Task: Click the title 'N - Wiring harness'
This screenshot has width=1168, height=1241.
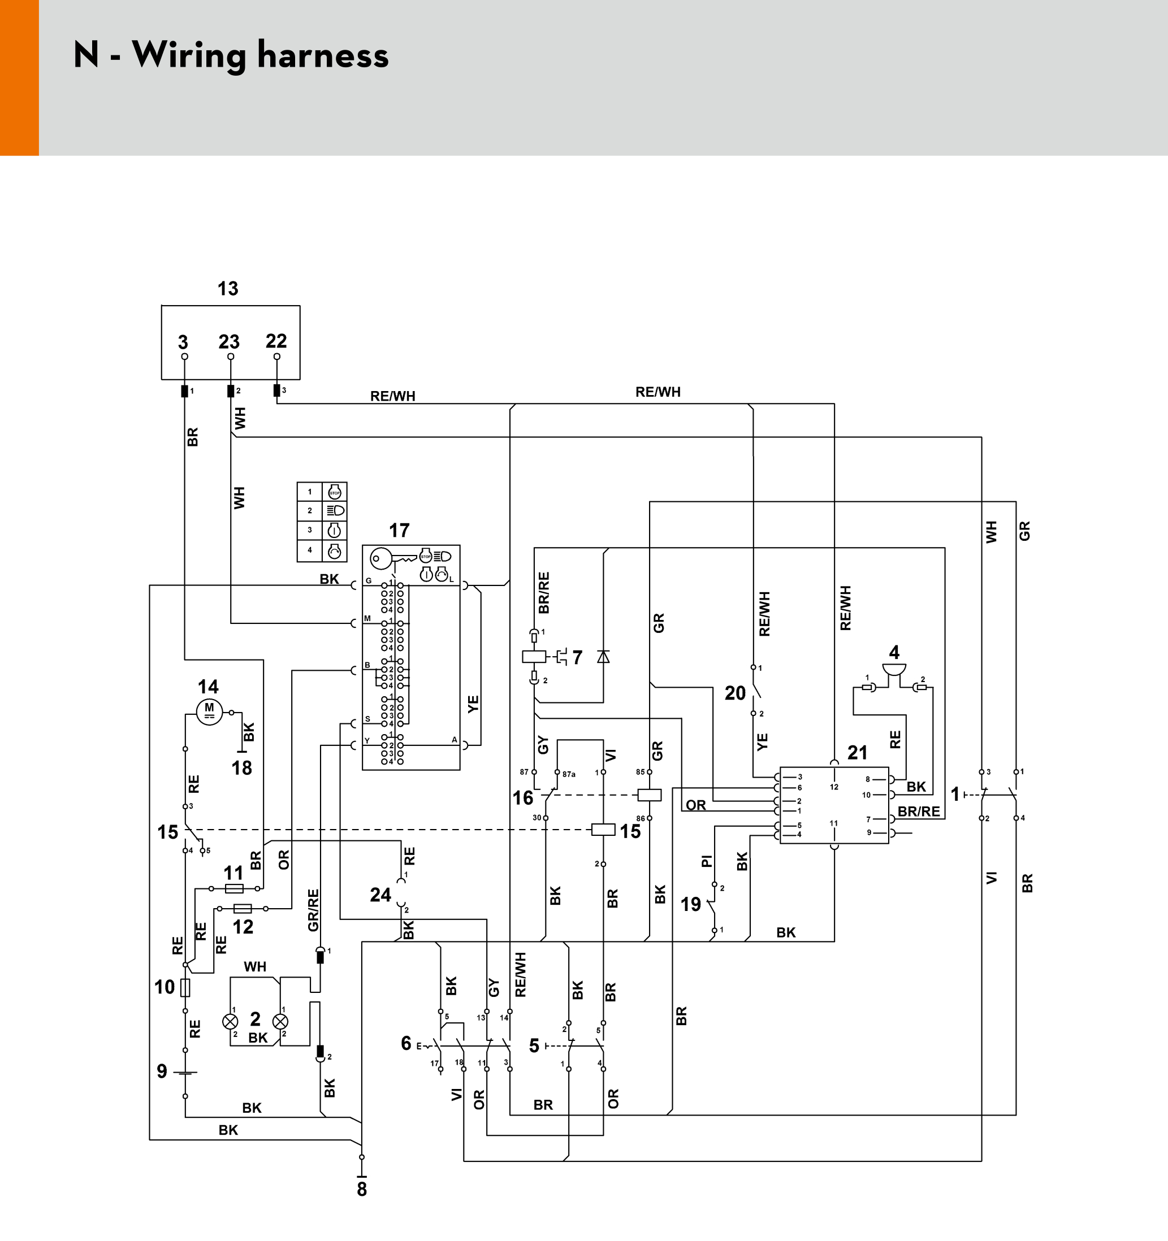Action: tap(231, 55)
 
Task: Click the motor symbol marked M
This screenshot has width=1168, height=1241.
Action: tap(209, 711)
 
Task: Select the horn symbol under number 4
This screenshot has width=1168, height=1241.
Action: tap(894, 670)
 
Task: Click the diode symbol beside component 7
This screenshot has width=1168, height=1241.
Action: tap(603, 656)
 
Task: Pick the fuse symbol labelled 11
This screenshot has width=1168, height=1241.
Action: tap(233, 888)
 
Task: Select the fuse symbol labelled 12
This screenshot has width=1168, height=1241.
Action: tap(242, 908)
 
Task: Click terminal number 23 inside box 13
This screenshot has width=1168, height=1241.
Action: tap(229, 342)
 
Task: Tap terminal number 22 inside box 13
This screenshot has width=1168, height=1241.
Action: tap(276, 341)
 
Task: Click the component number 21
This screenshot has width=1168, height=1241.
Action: tap(857, 752)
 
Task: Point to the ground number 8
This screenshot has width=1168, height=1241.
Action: tap(362, 1189)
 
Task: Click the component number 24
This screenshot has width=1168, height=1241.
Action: tap(380, 895)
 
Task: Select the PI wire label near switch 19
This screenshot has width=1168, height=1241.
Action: tap(707, 861)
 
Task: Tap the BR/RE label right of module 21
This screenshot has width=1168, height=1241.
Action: tap(918, 812)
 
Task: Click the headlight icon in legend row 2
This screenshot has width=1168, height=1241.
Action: tap(335, 511)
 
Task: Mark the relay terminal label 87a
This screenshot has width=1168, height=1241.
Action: tap(568, 774)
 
